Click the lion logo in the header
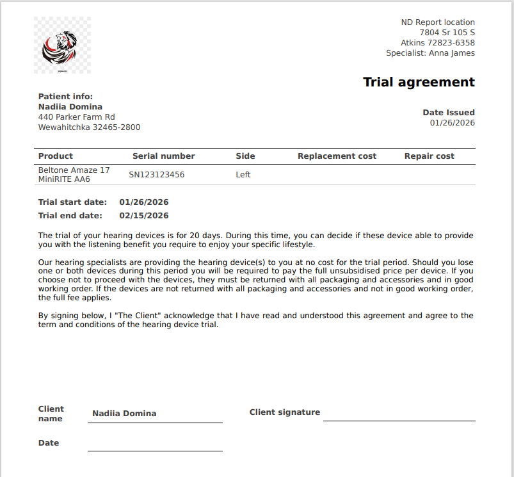pyautogui.click(x=62, y=45)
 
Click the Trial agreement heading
pyautogui.click(x=419, y=82)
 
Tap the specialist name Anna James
pyautogui.click(x=451, y=53)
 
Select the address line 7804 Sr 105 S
pyautogui.click(x=447, y=33)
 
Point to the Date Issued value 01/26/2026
pyautogui.click(x=452, y=123)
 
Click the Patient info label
pyautogui.click(x=65, y=97)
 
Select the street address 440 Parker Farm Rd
pyautogui.click(x=76, y=117)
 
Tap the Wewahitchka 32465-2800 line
pyautogui.click(x=89, y=127)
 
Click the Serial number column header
pyautogui.click(x=163, y=156)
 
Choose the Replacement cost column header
pyautogui.click(x=337, y=156)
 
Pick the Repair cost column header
pyautogui.click(x=429, y=156)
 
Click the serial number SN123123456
pyautogui.click(x=156, y=175)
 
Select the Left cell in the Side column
pyautogui.click(x=243, y=175)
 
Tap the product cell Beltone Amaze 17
pyautogui.click(x=74, y=170)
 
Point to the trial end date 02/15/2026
pyautogui.click(x=143, y=216)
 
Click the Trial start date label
pyautogui.click(x=72, y=202)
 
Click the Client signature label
pyautogui.click(x=284, y=412)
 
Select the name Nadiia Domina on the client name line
pyautogui.click(x=124, y=414)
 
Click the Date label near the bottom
pyautogui.click(x=49, y=443)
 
